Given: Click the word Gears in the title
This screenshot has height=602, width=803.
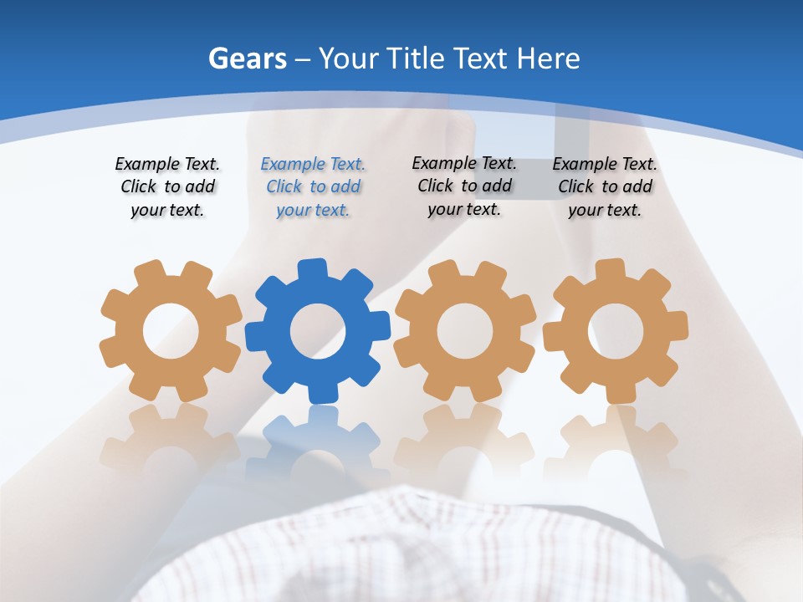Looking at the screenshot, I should [x=247, y=59].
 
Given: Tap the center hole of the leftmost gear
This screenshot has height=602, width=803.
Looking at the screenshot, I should [x=170, y=331].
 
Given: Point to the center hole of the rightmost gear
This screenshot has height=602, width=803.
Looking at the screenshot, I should [x=615, y=330].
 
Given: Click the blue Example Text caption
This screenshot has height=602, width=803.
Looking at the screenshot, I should [x=313, y=187].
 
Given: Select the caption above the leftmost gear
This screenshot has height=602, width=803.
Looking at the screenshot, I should [x=167, y=187].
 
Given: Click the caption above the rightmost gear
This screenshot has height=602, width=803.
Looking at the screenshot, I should [x=605, y=187].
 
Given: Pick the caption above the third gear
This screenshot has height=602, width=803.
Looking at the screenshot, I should [x=464, y=186].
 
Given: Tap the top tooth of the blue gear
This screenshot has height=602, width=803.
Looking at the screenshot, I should [x=311, y=269].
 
